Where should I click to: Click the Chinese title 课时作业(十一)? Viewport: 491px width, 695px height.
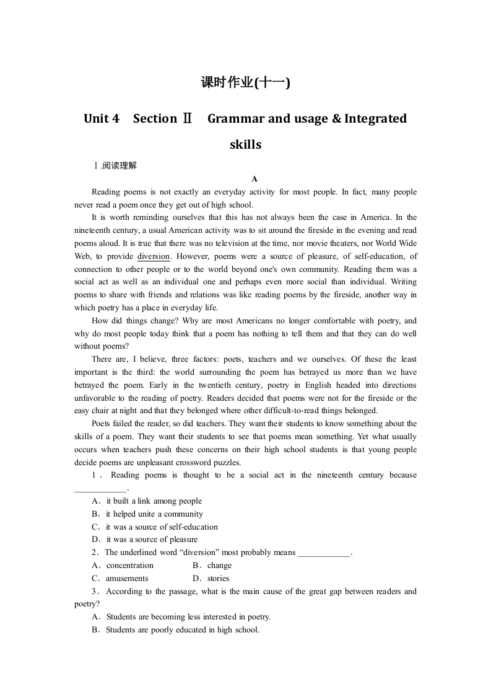click(x=245, y=82)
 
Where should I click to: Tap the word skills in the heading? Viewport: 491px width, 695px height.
click(x=245, y=145)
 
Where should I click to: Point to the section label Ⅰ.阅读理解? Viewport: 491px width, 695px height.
click(x=115, y=166)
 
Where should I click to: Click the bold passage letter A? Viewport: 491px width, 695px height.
click(x=254, y=179)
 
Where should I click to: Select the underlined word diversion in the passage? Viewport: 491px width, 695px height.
click(x=153, y=256)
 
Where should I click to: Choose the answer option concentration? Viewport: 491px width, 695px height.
click(x=129, y=566)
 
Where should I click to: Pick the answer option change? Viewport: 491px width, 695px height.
click(x=219, y=566)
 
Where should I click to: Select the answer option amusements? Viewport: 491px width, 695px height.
click(x=127, y=579)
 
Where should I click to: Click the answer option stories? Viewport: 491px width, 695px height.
click(x=218, y=579)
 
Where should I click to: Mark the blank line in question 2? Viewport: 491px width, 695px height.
click(x=324, y=553)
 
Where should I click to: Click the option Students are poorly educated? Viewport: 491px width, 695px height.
click(x=176, y=630)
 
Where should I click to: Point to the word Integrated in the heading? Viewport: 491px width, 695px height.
click(x=375, y=118)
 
